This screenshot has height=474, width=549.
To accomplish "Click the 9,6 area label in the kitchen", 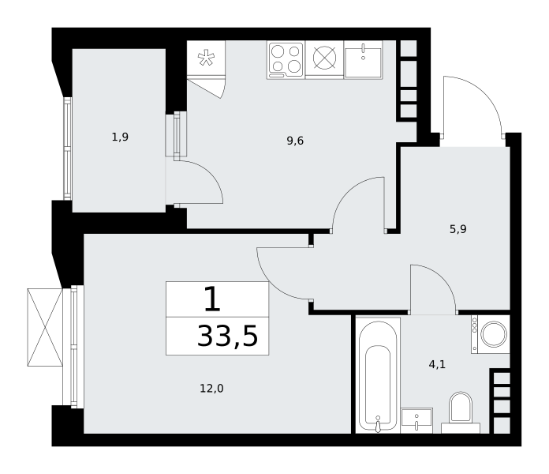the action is click(295, 141).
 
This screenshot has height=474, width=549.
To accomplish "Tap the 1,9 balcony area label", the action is click(120, 137).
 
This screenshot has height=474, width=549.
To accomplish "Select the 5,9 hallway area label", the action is click(458, 229).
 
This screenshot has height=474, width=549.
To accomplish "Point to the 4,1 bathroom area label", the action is click(437, 365).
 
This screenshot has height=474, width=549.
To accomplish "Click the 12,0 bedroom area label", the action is click(211, 389).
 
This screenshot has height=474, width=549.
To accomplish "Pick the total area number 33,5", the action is click(228, 336).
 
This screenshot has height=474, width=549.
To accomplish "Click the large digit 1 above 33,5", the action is click(212, 299).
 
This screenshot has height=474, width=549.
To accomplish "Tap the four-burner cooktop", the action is click(286, 60).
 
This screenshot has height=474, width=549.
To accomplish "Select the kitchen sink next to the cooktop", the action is click(363, 59).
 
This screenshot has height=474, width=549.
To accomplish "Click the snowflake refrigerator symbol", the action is click(206, 58).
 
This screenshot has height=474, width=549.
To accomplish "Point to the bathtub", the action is click(378, 375).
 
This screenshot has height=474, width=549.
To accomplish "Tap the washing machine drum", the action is click(494, 333).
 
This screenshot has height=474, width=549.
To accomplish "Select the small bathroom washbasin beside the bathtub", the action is click(416, 420).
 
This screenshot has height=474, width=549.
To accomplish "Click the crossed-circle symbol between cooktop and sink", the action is click(324, 58).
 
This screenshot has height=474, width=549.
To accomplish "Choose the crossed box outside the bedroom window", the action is click(45, 327).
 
